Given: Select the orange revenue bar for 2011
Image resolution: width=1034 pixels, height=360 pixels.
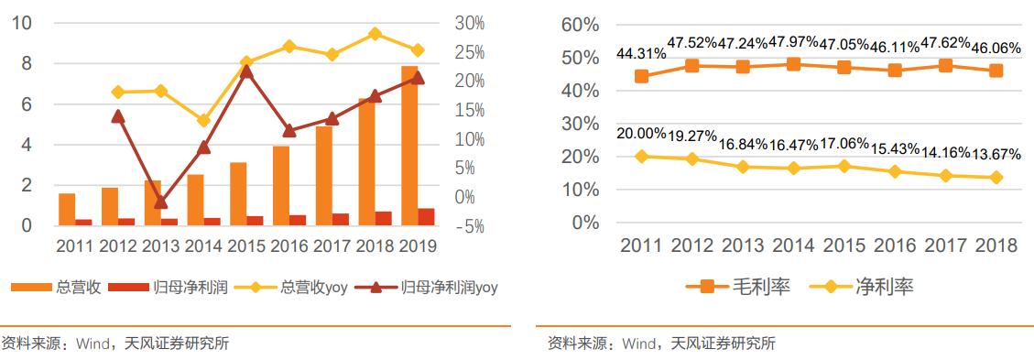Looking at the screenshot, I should coord(67,209).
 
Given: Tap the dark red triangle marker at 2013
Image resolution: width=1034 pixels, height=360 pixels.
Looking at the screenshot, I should coord(160,202).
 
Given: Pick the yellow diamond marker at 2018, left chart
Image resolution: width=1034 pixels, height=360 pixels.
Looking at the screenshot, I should coord(375,34).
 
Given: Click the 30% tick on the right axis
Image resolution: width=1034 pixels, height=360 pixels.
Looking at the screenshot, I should coord(469,23).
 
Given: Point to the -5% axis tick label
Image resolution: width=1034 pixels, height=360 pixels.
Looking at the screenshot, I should coord(468,225).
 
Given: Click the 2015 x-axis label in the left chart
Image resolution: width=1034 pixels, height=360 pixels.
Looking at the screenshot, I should coord(245,245).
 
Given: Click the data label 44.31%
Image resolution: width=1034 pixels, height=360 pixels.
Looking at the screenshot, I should coord(641,56).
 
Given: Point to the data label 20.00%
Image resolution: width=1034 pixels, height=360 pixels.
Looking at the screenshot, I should coord(641,134).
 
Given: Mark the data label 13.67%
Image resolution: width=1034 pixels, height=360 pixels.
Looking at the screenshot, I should coord(996,154).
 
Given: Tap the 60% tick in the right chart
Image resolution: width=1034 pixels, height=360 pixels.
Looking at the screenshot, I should coord(579,25).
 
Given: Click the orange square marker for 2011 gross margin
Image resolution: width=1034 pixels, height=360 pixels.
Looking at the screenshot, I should coord(642,76).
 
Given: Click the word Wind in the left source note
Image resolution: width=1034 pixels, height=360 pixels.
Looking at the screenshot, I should coord(93,344).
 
